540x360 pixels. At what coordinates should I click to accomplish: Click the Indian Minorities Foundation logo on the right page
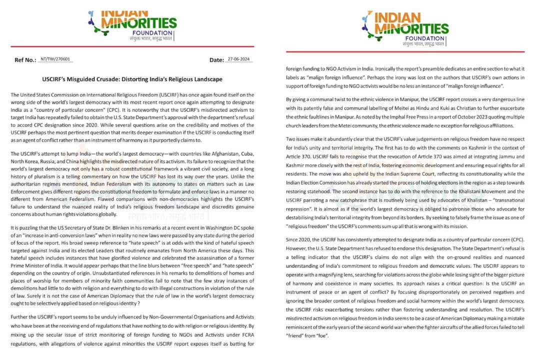point(405,29)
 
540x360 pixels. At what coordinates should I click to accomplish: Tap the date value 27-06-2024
point(239,59)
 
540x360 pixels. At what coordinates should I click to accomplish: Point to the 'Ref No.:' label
point(25,60)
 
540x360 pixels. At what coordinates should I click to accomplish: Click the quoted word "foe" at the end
point(321,335)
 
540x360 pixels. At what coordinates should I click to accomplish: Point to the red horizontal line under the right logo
point(405,51)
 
